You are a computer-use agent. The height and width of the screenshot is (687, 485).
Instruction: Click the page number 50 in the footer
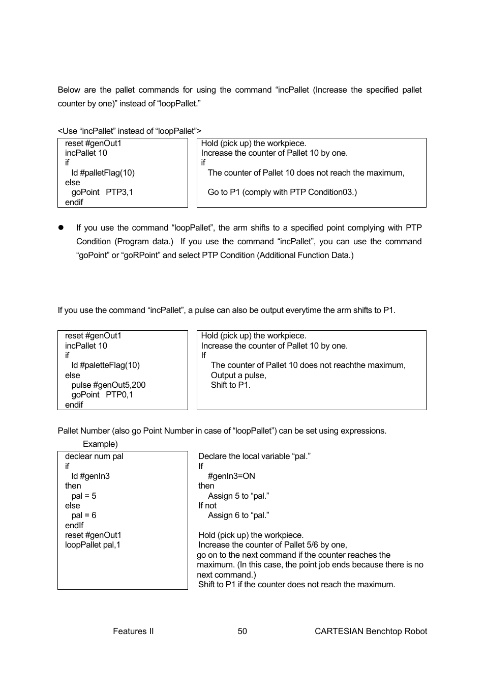(242, 631)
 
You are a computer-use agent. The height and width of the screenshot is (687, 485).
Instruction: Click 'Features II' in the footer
(133, 631)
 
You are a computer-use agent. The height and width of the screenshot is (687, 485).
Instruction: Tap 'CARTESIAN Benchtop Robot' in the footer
(371, 631)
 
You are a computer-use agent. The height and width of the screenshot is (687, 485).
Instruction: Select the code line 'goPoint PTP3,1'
(102, 192)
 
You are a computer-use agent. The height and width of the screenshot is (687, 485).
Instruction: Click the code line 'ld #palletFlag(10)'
(103, 173)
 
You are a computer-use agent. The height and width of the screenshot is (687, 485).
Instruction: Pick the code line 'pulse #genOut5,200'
(108, 385)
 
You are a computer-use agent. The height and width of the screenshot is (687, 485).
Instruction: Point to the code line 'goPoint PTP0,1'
(102, 395)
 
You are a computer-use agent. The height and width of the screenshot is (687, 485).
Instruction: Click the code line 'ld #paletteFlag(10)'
(105, 365)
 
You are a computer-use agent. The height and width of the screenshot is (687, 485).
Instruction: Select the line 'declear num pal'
(94, 456)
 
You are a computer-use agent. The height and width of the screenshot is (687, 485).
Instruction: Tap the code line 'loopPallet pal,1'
(93, 545)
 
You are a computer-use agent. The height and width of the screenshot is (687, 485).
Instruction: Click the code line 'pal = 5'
(84, 496)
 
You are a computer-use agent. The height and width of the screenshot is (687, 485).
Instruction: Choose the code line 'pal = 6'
(84, 515)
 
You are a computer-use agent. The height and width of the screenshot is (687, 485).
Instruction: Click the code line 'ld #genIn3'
(90, 476)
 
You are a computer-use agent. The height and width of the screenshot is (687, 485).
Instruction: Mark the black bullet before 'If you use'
(60, 227)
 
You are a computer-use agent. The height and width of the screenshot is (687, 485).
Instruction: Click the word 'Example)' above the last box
(100, 444)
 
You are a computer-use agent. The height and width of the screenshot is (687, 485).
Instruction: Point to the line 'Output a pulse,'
(238, 375)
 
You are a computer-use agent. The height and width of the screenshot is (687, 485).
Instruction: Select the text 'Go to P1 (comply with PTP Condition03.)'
(282, 192)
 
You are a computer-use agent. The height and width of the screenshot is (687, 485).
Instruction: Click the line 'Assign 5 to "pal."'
(238, 496)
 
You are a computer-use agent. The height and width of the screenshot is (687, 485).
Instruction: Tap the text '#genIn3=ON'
(231, 476)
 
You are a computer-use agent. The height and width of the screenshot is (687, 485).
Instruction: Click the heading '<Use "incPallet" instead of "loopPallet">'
(130, 131)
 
